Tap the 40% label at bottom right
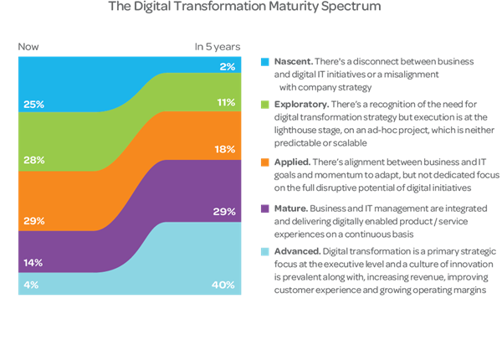coord(224,285)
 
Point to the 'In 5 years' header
coord(218,47)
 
